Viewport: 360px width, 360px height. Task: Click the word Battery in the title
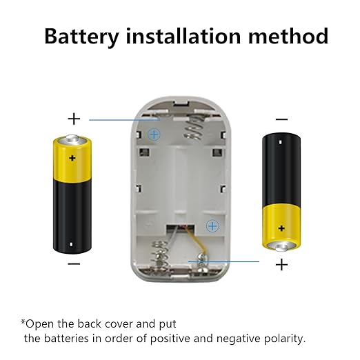tap(81, 37)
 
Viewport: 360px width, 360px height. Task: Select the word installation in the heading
tap(183, 36)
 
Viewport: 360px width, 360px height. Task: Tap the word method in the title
tap(288, 36)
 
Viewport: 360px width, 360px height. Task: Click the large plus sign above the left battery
tap(74, 119)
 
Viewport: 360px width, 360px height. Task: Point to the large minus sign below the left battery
tap(74, 263)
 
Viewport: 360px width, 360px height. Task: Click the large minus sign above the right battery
tap(281, 119)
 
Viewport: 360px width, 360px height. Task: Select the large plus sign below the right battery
tap(281, 265)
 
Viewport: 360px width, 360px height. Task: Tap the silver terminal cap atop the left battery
tap(72, 139)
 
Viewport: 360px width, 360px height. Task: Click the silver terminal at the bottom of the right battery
tap(281, 246)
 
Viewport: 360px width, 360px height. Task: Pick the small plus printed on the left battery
tap(72, 158)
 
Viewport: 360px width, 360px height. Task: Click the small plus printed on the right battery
tap(281, 228)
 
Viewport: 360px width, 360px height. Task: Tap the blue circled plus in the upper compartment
tap(154, 134)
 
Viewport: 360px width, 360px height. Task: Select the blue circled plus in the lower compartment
tap(212, 226)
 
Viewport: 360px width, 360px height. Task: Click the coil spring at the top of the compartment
tap(194, 128)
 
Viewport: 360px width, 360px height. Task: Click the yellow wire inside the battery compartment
tap(195, 241)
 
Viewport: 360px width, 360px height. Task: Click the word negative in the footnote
tap(238, 339)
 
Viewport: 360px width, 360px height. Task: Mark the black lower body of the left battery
tap(72, 217)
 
